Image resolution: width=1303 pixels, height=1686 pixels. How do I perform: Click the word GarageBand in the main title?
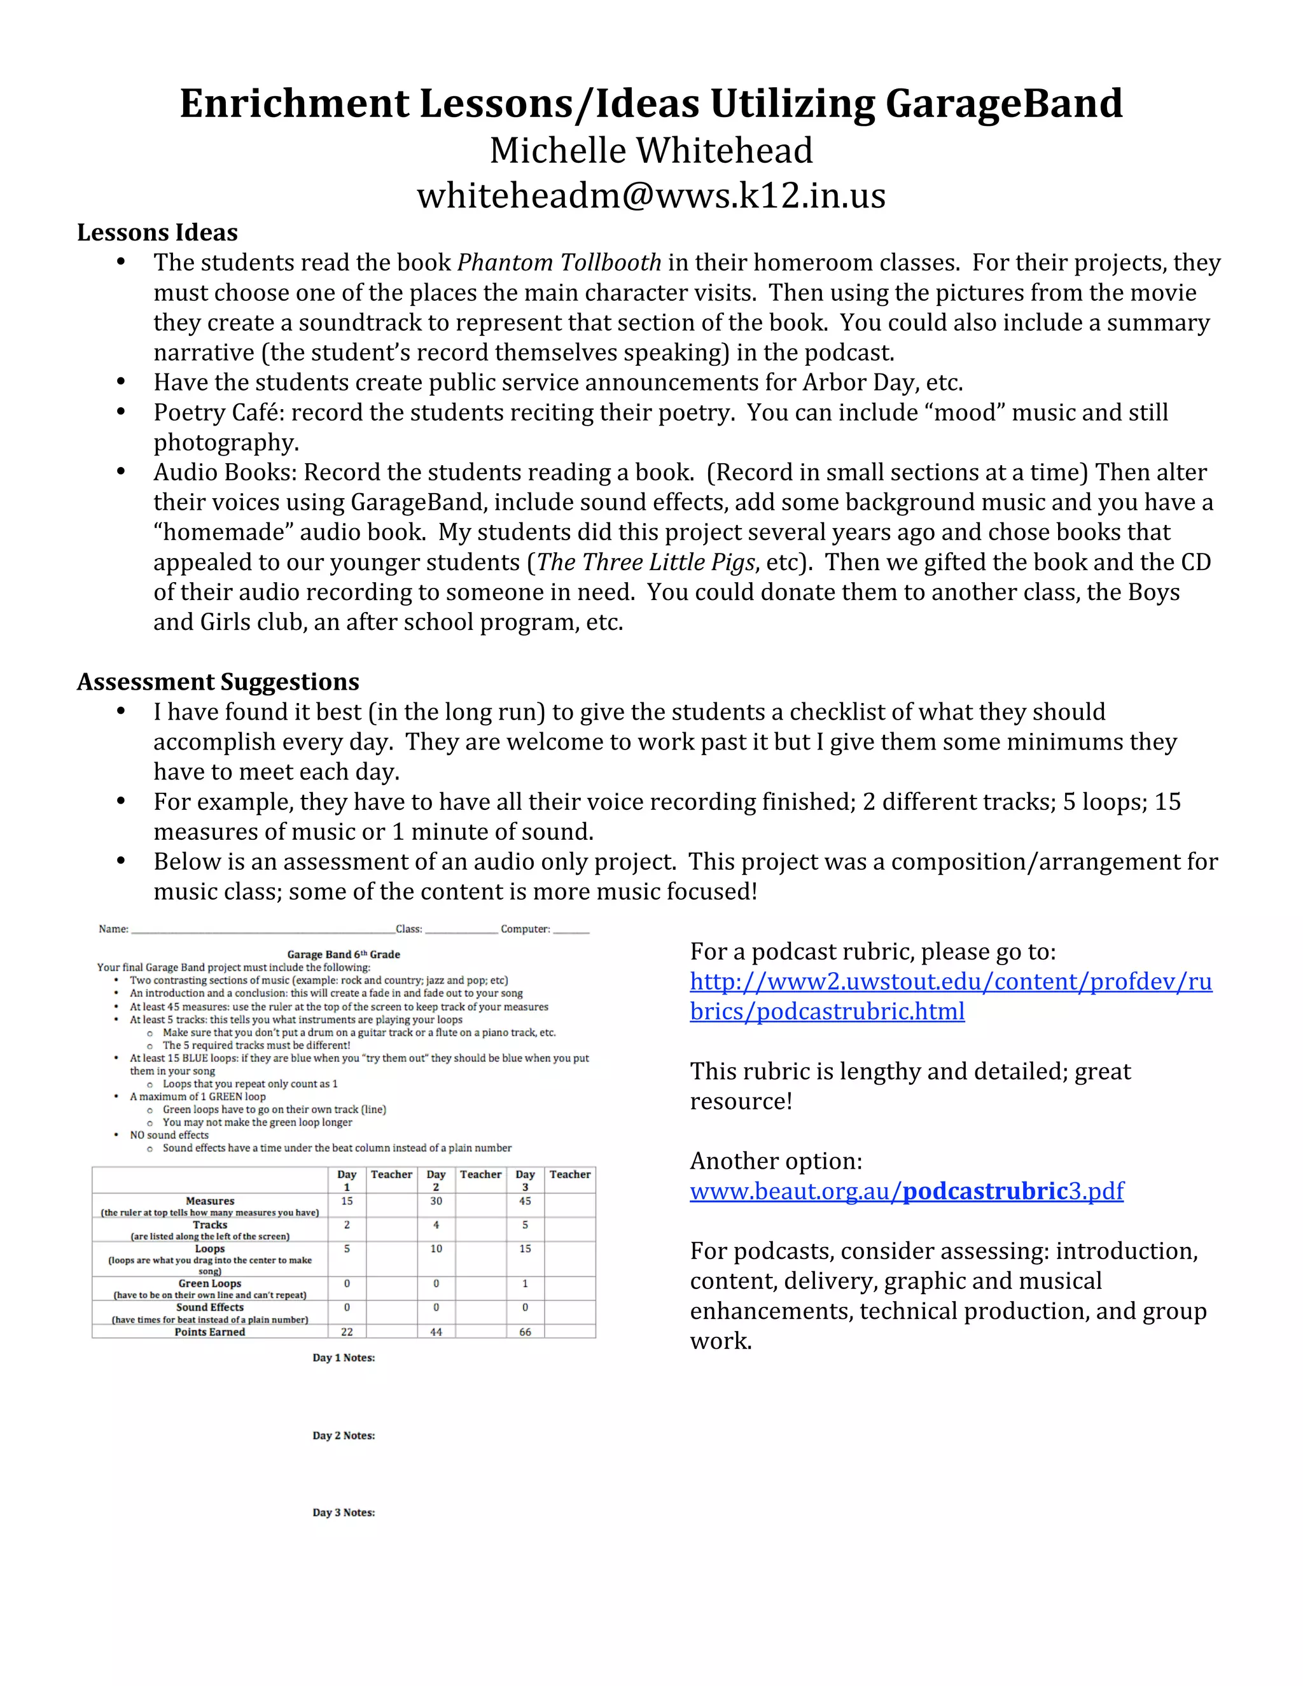[1003, 104]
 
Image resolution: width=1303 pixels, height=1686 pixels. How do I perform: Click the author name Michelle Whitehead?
[651, 151]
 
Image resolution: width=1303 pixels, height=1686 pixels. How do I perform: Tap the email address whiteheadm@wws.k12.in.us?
[651, 195]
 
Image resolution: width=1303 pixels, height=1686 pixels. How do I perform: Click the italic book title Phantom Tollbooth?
[559, 263]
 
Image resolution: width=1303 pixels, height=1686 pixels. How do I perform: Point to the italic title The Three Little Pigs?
[645, 562]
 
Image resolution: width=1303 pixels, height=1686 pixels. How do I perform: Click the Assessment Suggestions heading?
[218, 681]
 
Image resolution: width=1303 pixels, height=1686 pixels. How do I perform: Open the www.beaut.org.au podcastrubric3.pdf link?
[906, 1191]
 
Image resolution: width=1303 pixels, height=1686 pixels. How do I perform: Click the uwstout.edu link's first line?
[951, 981]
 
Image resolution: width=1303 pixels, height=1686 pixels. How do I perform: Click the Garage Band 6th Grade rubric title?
[344, 954]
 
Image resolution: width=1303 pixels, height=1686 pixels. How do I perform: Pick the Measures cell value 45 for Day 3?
[525, 1201]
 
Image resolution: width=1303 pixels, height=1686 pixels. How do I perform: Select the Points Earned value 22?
[347, 1332]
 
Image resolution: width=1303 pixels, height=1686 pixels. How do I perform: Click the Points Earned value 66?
[525, 1332]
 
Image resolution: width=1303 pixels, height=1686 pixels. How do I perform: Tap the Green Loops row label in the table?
[209, 1283]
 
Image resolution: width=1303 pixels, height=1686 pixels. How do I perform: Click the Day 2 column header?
[436, 1180]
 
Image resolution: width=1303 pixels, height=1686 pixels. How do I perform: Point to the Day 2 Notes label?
[344, 1435]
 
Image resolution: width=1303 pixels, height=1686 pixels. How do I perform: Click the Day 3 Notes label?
[344, 1512]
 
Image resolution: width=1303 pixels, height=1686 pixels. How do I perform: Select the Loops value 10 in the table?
[436, 1248]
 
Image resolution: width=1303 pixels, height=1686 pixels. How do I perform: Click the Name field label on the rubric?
[113, 929]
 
